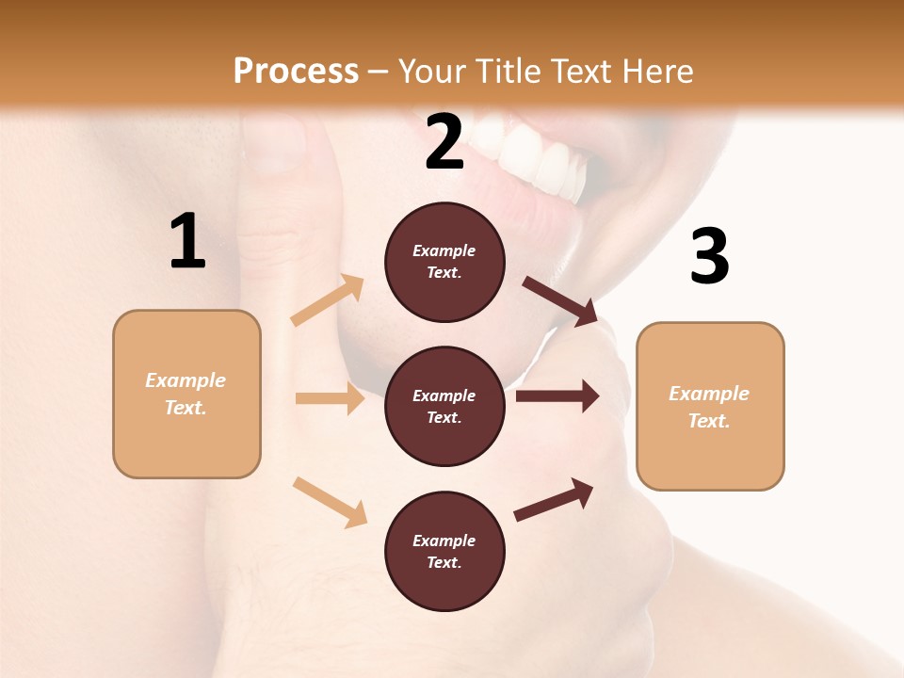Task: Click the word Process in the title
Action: pos(296,72)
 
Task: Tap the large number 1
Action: pos(187,241)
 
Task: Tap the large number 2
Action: pos(444,142)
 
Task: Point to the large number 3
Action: pos(710,256)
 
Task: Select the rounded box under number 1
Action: pos(186,394)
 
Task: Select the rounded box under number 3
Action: pos(710,407)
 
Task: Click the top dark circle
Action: pos(444,262)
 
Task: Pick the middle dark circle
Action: pos(444,407)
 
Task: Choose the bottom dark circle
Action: pos(444,552)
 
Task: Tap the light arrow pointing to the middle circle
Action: pos(330,399)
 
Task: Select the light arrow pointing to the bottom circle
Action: pos(331,502)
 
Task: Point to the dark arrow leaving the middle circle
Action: pos(557,396)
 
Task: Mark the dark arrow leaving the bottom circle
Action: pos(555,499)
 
